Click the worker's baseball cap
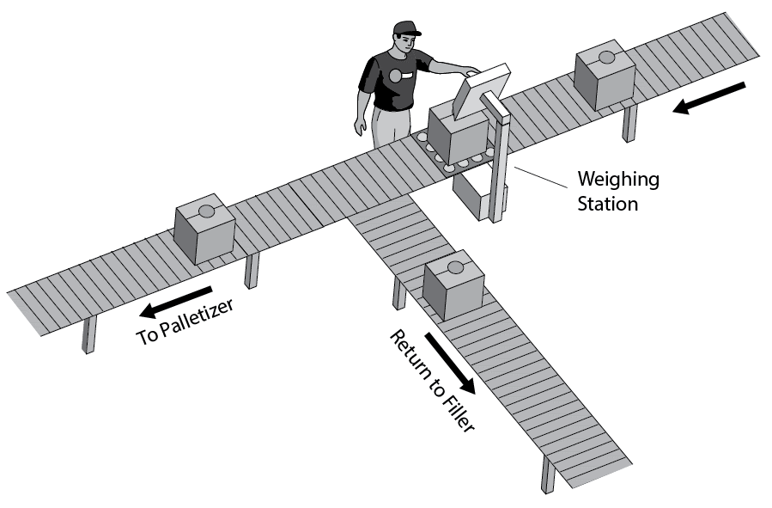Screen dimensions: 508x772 [404, 28]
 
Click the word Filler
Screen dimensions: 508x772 [454, 409]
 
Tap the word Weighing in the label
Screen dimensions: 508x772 [617, 180]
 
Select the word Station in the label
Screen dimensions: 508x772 [607, 204]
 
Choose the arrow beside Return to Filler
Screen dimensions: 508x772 [447, 359]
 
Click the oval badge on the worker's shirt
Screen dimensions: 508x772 [394, 76]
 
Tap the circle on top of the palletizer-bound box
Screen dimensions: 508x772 [206, 211]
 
